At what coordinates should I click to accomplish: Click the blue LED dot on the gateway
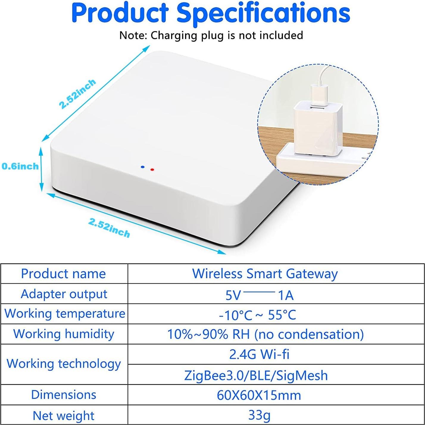[x=143, y=167]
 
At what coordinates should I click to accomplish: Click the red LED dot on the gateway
[x=152, y=170]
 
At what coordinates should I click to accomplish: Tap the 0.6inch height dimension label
[x=20, y=166]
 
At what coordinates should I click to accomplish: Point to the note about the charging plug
[x=211, y=35]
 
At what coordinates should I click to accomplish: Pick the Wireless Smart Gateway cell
[x=265, y=274]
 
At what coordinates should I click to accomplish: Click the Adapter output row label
[x=64, y=294]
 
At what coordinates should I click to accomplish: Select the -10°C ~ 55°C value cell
[x=258, y=315]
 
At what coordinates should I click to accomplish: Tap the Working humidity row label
[x=64, y=334]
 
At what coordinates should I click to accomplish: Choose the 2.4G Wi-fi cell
[x=259, y=354]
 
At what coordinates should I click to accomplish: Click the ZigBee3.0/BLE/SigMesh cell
[x=256, y=375]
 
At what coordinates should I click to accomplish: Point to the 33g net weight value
[x=259, y=415]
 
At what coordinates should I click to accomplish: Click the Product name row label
[x=63, y=274]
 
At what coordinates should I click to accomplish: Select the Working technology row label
[x=64, y=364]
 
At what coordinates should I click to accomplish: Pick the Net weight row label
[x=63, y=415]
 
